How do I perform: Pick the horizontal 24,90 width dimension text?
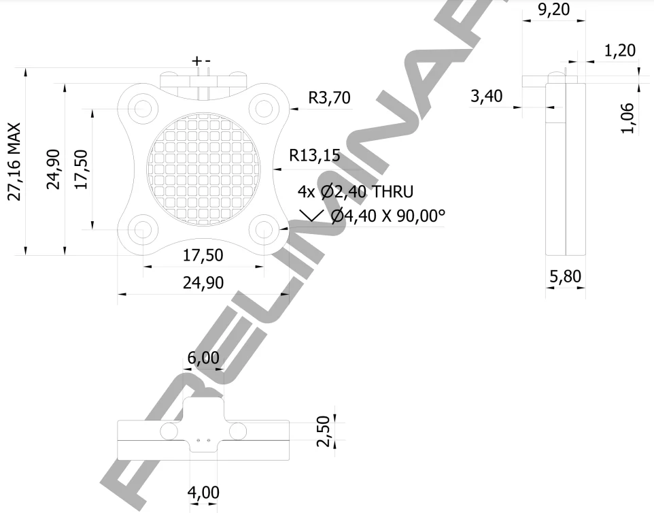click(x=203, y=282)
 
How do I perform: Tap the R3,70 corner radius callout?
click(x=329, y=99)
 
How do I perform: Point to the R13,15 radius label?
click(x=314, y=156)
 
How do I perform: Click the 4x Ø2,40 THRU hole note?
click(x=355, y=192)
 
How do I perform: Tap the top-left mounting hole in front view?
click(x=143, y=107)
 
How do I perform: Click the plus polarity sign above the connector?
click(x=196, y=61)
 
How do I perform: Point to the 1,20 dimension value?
click(x=619, y=50)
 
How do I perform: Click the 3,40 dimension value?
click(x=486, y=97)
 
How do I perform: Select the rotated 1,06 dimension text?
click(x=629, y=118)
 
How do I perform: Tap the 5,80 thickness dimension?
click(x=565, y=277)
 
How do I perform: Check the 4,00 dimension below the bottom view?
click(x=204, y=492)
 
